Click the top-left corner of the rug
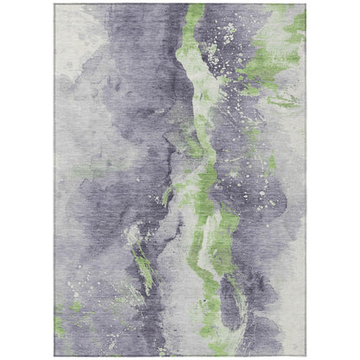tap(55, 4)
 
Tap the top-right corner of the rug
tap(306, 4)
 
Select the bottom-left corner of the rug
tap(55, 356)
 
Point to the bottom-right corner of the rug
tap(306, 356)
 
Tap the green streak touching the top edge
tap(196, 12)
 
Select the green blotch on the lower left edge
tap(60, 327)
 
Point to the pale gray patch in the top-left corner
tap(74, 26)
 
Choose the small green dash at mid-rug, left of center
tap(166, 197)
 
